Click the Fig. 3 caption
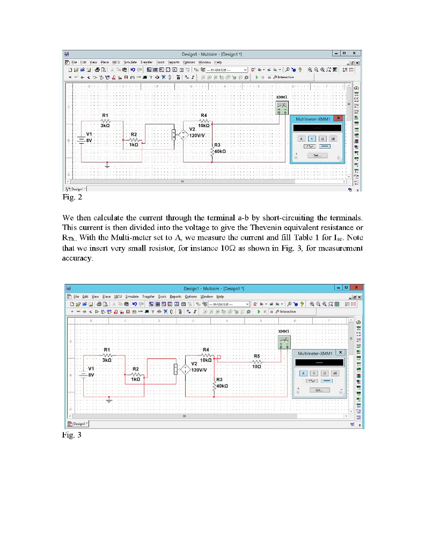click(72, 435)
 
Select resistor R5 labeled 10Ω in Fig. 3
click(257, 362)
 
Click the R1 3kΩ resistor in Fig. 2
click(106, 121)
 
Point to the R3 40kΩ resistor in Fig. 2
click(214, 151)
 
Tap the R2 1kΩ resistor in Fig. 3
click(136, 374)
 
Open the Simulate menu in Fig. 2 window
click(130, 63)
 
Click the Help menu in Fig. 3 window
click(220, 296)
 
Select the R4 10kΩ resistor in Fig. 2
click(203, 121)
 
